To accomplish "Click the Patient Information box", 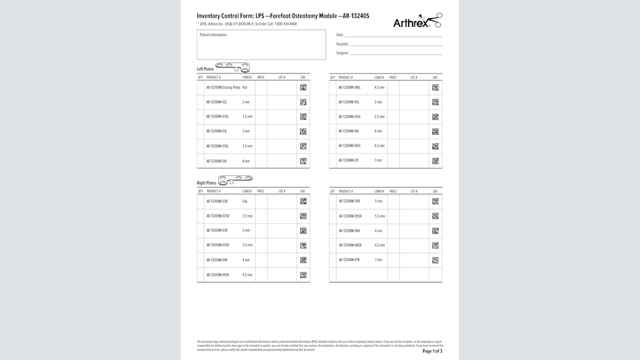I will (261, 44).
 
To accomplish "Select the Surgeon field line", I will (396, 54).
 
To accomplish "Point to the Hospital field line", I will (396, 45).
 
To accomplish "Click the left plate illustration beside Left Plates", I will (232, 66).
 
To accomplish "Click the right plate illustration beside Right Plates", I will (235, 181).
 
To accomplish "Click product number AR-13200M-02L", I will (217, 102).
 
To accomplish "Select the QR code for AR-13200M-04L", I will (303, 161).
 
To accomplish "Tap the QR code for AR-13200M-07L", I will (435, 161).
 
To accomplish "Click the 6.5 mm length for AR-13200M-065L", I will (379, 146).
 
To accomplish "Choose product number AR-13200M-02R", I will (217, 201).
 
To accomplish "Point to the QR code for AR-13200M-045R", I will (303, 275).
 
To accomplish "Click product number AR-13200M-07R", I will (349, 260).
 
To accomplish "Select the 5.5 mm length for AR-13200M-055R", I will (379, 216).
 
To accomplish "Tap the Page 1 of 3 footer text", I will (432, 351).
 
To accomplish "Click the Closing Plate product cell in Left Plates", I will (223, 87).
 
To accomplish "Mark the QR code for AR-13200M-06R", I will (435, 231).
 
